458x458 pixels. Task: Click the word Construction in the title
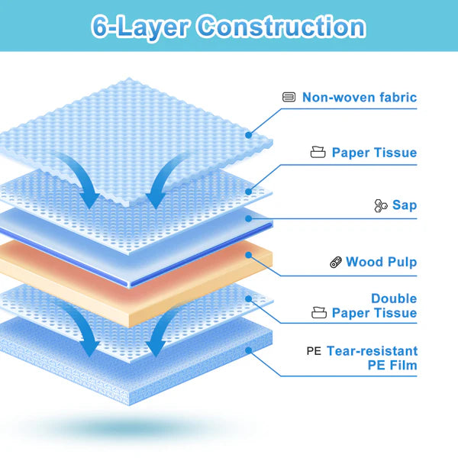coord(281,27)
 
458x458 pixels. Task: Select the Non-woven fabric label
coord(360,97)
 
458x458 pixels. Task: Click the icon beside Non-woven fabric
coord(289,97)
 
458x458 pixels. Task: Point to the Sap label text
coord(405,205)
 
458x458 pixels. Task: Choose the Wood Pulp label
coord(381,262)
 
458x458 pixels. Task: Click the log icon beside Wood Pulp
coord(335,262)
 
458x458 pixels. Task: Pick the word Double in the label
coord(394,298)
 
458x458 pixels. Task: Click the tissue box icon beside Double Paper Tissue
coord(318,313)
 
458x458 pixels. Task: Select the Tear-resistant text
coord(372,351)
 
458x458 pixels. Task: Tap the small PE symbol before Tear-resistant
coord(314,352)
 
